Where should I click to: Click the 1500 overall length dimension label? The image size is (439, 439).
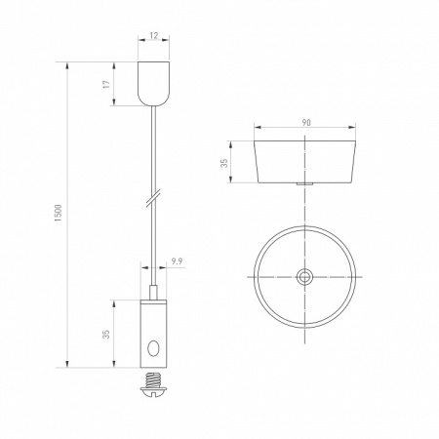[x=58, y=213]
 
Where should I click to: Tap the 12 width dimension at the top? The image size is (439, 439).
[x=154, y=35]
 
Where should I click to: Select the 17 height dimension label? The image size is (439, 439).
[x=106, y=84]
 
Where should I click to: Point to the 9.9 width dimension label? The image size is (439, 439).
[x=177, y=261]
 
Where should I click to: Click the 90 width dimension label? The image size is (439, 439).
[x=306, y=123]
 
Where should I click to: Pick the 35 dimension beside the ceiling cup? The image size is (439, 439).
[x=224, y=163]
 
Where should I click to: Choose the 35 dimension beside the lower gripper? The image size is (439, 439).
[x=106, y=335]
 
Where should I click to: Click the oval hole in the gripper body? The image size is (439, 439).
[x=153, y=348]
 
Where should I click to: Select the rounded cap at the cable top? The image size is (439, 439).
[x=154, y=84]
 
